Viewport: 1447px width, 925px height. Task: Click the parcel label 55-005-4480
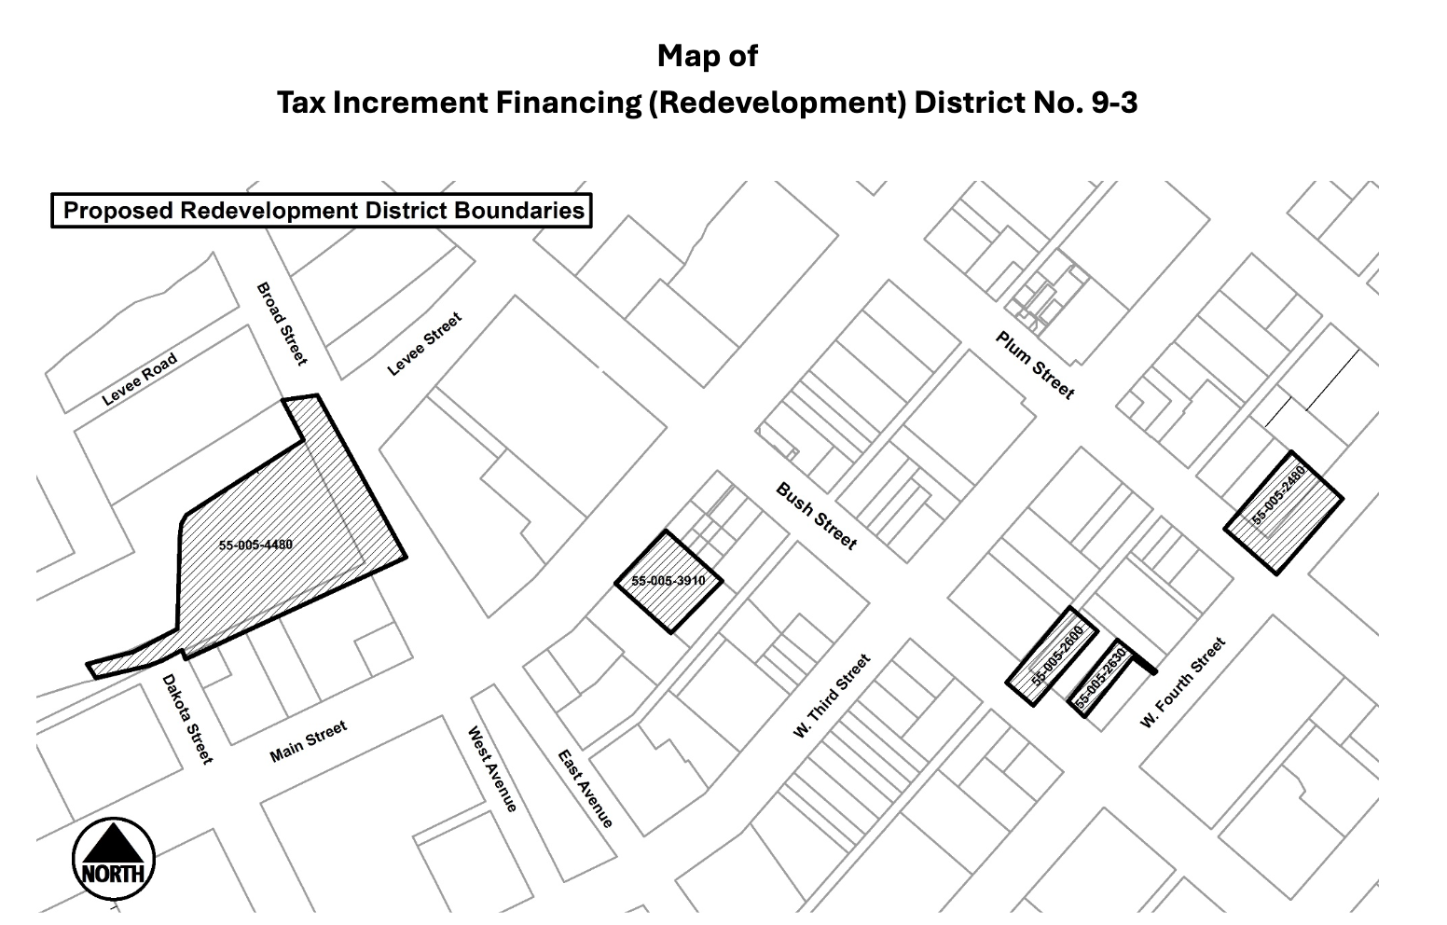(255, 545)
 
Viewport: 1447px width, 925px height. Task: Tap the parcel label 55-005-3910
(668, 581)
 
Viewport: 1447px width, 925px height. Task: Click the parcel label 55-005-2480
(1278, 495)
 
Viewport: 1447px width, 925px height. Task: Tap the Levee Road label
(139, 380)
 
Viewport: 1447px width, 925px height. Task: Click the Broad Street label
(281, 324)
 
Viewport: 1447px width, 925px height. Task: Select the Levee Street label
(424, 345)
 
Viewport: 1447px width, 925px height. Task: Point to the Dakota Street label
(187, 719)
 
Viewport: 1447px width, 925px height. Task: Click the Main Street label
(308, 740)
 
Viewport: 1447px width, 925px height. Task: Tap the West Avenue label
(491, 769)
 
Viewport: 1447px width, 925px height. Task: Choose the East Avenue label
(586, 789)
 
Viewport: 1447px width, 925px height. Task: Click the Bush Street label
(816, 517)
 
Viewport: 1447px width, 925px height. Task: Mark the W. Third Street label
(832, 697)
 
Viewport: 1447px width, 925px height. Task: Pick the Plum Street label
(1035, 366)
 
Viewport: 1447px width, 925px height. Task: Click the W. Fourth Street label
(1182, 683)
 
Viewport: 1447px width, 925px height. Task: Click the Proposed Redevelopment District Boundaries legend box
(322, 211)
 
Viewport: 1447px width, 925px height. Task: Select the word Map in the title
(682, 56)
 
